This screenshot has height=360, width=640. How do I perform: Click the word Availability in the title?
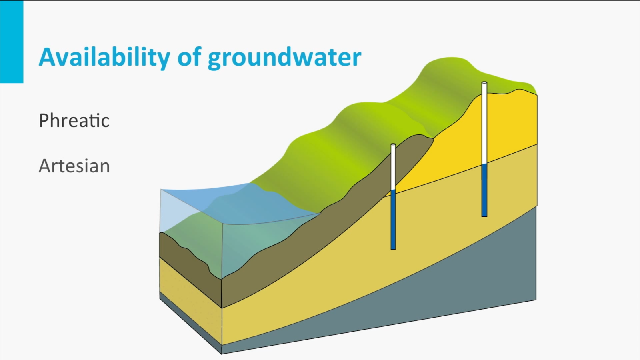click(x=104, y=57)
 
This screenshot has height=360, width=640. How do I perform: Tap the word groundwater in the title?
click(x=284, y=58)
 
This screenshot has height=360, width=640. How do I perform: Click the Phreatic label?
click(x=74, y=120)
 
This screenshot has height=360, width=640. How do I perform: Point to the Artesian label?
click(x=74, y=166)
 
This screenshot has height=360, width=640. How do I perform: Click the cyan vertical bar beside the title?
click(x=12, y=42)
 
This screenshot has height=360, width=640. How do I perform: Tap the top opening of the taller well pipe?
click(x=484, y=83)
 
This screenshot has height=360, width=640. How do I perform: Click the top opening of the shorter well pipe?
click(x=393, y=145)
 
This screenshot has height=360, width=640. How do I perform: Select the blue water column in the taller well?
click(x=484, y=190)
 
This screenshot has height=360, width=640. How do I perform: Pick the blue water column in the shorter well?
click(x=393, y=220)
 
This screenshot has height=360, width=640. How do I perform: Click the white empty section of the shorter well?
click(x=393, y=167)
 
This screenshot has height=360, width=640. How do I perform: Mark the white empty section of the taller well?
click(x=484, y=124)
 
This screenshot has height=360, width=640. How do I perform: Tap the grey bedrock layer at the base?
click(x=428, y=286)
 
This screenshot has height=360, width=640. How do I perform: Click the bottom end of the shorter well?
click(x=393, y=249)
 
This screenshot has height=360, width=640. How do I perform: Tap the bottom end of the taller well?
click(x=484, y=216)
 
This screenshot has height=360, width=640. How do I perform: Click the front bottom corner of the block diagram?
click(x=222, y=354)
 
